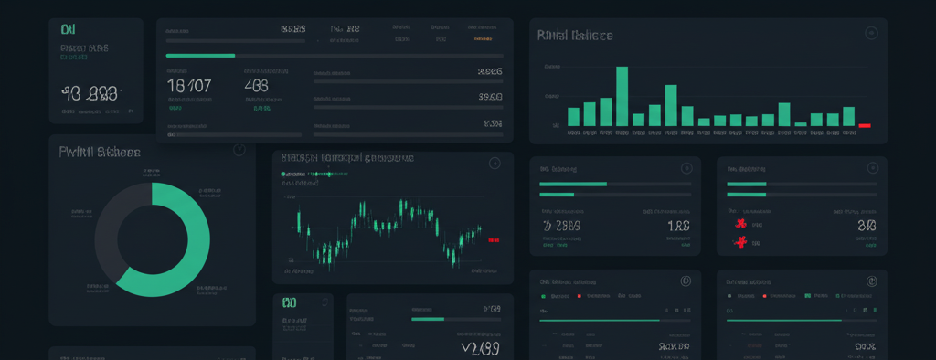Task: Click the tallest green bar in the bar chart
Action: [x=622, y=96]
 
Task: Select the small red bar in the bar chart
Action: [x=865, y=125]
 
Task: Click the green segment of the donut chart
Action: [x=179, y=247]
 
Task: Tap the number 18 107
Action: [x=189, y=86]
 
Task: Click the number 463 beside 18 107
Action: [x=257, y=86]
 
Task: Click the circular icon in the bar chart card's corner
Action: [x=870, y=34]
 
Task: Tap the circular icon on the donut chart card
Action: [x=239, y=149]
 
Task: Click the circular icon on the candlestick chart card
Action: [x=495, y=164]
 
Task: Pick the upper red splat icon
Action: [x=739, y=223]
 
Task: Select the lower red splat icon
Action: [x=741, y=242]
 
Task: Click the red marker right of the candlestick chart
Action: [x=494, y=239]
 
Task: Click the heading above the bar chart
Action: [x=575, y=36]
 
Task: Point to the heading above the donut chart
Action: [x=100, y=152]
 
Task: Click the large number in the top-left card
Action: [x=90, y=92]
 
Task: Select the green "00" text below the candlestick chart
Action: [x=290, y=302]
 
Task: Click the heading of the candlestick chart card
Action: [x=347, y=158]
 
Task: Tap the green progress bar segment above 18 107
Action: [x=200, y=56]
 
